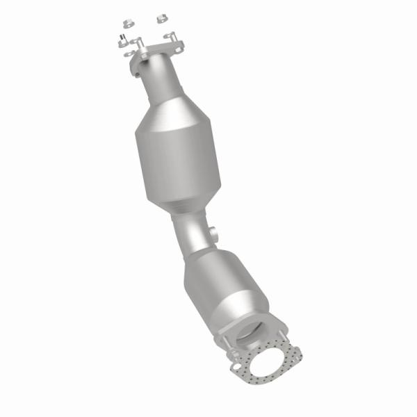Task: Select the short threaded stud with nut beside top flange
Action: [x=122, y=40]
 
